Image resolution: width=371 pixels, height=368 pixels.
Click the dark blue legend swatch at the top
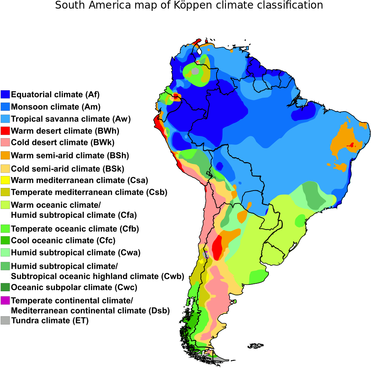(5, 94)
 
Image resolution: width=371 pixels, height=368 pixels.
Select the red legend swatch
(5, 131)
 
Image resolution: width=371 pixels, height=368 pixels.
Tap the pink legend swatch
(5, 142)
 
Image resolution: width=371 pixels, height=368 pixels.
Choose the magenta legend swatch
(5, 300)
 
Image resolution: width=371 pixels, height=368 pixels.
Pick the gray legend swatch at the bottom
(5, 320)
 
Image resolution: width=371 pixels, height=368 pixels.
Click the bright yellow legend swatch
(5, 180)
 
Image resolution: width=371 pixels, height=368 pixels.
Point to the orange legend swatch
(5, 155)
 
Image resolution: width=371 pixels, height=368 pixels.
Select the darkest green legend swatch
(5, 287)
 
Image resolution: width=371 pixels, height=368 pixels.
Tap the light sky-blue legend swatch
(5, 119)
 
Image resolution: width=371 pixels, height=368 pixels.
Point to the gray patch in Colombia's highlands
(195, 71)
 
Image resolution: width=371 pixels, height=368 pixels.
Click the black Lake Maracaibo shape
(199, 51)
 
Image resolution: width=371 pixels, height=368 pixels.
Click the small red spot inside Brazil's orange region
(351, 145)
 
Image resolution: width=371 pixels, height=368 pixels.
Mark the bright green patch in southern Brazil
(300, 221)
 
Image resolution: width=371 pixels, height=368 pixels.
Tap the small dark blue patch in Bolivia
(220, 166)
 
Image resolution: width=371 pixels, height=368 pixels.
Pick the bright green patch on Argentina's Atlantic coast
(258, 276)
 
